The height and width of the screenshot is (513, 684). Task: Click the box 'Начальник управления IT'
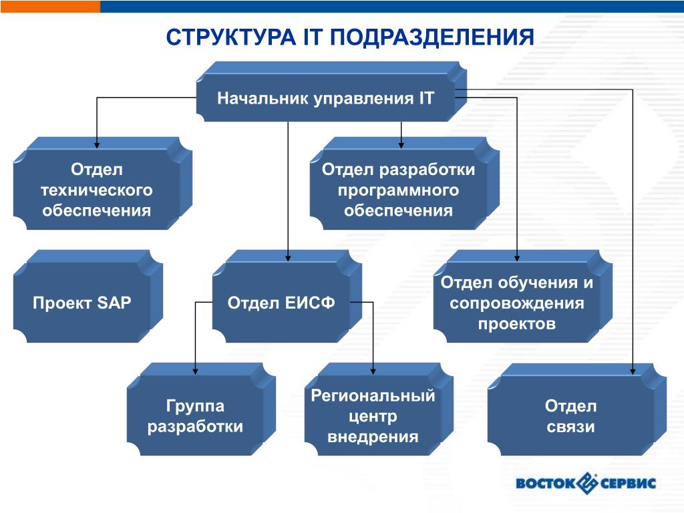[325, 99]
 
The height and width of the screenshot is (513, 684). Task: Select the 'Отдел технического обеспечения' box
[97, 190]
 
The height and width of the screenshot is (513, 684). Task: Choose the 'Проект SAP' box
[82, 303]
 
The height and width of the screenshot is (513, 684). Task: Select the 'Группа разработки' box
[195, 416]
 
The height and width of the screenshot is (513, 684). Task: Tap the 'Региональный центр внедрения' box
[373, 416]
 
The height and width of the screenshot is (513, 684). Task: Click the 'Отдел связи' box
[570, 416]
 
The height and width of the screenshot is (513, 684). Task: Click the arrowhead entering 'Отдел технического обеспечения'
[97, 144]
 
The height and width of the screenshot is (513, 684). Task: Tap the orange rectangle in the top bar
[50, 6]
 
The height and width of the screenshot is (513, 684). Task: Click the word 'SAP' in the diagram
[114, 303]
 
